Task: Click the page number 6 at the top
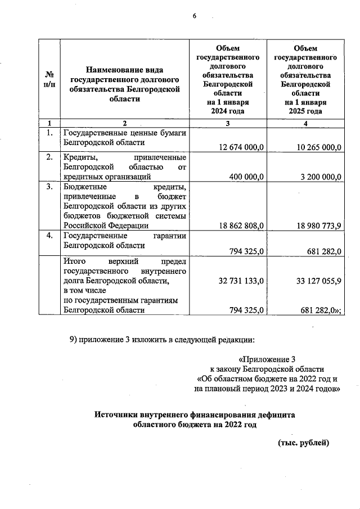click(x=194, y=16)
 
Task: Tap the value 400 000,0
click(x=247, y=177)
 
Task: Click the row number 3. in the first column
click(x=49, y=186)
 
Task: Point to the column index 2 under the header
click(x=125, y=123)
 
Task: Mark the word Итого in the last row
click(x=74, y=260)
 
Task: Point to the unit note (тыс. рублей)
click(x=304, y=443)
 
